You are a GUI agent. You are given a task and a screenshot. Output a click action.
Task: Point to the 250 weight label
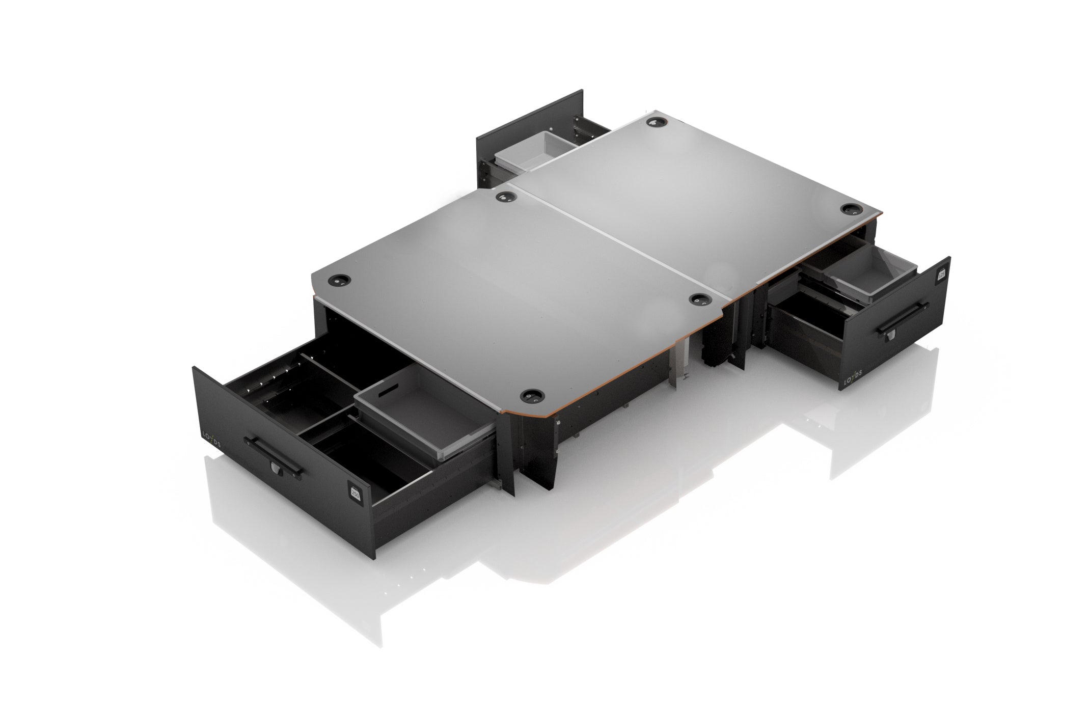(x=355, y=493)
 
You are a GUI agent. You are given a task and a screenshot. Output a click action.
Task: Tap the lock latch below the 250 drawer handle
(x=275, y=467)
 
